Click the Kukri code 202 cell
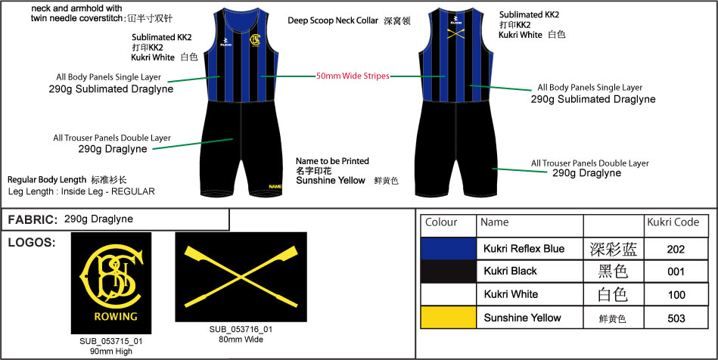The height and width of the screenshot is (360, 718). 676,249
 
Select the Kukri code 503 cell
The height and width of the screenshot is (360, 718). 676,318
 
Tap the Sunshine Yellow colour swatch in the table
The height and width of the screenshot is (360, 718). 449,318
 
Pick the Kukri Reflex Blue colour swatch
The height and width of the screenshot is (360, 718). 449,249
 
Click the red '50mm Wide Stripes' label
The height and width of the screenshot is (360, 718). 353,76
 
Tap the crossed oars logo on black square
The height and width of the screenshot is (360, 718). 241,278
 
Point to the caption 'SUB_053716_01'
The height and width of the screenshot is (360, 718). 241,330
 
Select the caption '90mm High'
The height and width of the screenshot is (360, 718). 112,351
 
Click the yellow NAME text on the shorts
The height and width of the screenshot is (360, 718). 275,186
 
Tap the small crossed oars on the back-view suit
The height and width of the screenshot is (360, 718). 455,33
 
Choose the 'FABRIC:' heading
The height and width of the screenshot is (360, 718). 31,219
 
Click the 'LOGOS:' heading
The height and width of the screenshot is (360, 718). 31,243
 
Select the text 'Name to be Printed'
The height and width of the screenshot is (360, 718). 333,161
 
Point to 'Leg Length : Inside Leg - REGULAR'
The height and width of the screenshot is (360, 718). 81,192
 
